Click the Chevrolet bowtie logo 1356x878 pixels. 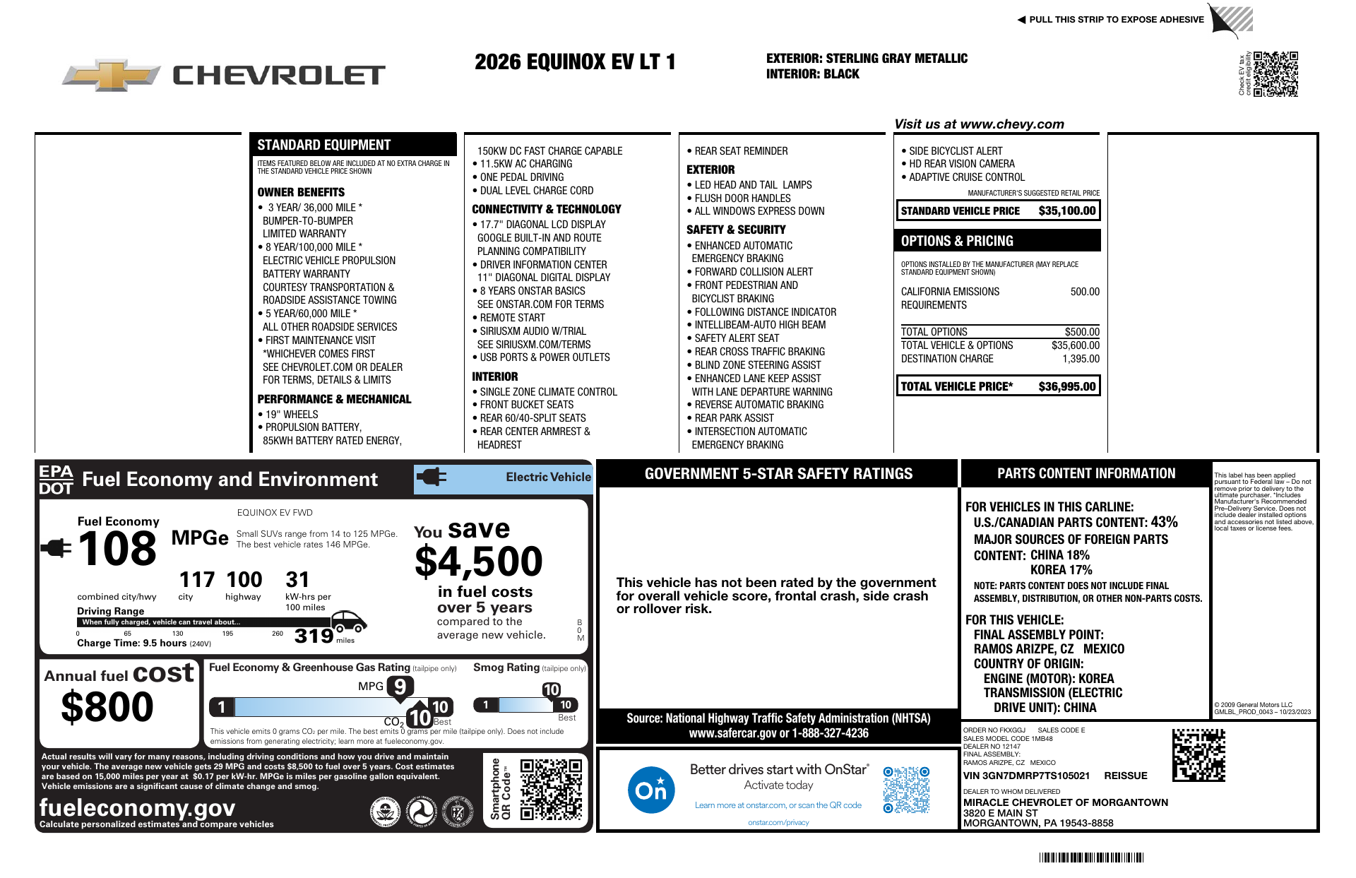112,75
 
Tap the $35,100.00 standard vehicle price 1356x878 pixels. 1066,210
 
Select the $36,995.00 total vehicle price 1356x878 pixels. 1066,386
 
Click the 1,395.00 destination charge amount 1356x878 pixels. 1081,359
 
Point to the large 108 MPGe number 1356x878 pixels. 117,550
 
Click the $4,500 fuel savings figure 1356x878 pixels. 478,562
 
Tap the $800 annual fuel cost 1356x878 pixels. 107,706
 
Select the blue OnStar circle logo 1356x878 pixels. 650,790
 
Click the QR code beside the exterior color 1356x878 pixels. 1275,73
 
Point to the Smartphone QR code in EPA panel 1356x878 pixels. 551,789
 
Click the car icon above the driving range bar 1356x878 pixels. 348,622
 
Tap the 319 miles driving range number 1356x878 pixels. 314,636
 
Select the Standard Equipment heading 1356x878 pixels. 323,145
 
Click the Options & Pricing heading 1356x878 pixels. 956,241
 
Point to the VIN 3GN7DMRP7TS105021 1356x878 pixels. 1026,776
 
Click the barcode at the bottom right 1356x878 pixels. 1090,858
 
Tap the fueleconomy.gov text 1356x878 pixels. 137,807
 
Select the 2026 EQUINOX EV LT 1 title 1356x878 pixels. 575,62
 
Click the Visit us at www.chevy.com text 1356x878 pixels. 979,124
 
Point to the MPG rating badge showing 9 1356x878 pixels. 400,687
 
